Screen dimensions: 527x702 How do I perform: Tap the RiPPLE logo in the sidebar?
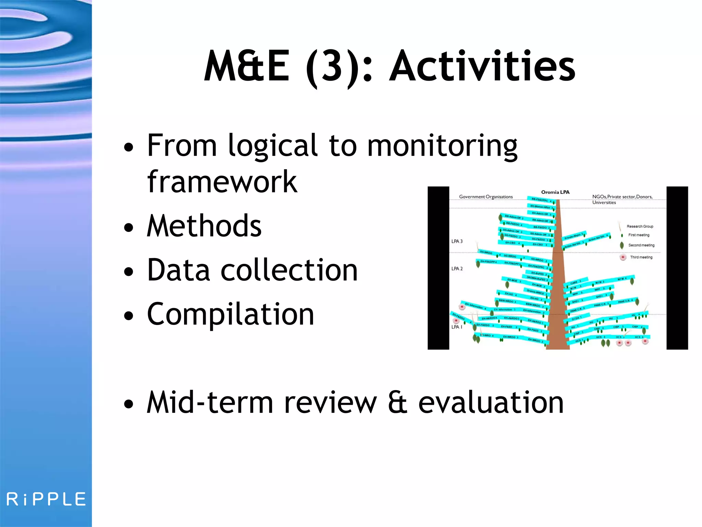(46, 499)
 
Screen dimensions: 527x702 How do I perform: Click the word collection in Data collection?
(289, 270)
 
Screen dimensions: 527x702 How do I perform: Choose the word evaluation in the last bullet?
(491, 403)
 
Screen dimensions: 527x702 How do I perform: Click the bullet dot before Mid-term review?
(129, 404)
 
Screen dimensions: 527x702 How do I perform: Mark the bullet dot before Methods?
(129, 227)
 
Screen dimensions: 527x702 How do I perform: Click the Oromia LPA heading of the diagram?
(555, 192)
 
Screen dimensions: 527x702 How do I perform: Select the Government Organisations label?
(486, 197)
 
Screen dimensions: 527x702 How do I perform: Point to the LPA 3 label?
(457, 241)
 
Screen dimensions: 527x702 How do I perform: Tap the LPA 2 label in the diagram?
(457, 269)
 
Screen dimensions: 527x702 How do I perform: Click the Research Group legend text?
(640, 226)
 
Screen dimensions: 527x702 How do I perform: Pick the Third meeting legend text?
(641, 257)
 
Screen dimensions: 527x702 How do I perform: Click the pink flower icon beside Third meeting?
(623, 257)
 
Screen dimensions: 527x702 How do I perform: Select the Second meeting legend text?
(641, 245)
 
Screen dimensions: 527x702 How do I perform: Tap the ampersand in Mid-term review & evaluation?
(398, 403)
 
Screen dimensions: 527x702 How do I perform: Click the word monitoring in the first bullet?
(442, 146)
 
